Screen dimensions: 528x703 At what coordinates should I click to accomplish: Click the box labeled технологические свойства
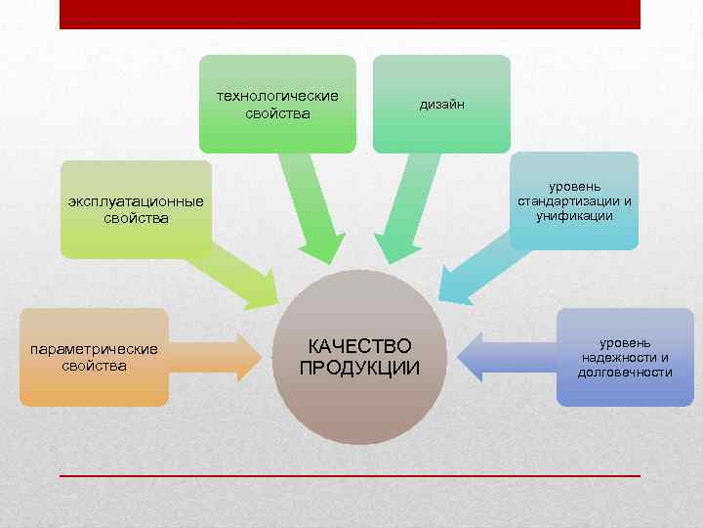tap(277, 104)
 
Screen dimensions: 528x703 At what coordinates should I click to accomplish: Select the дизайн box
tap(441, 104)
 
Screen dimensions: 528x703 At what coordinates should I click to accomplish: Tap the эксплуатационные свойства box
tap(136, 210)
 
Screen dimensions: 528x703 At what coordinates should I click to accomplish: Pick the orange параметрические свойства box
tap(94, 358)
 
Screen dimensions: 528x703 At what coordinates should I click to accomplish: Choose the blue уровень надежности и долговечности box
tap(625, 358)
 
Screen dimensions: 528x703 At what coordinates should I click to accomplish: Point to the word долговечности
tap(625, 373)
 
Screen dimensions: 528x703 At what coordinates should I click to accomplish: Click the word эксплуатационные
tap(136, 202)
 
